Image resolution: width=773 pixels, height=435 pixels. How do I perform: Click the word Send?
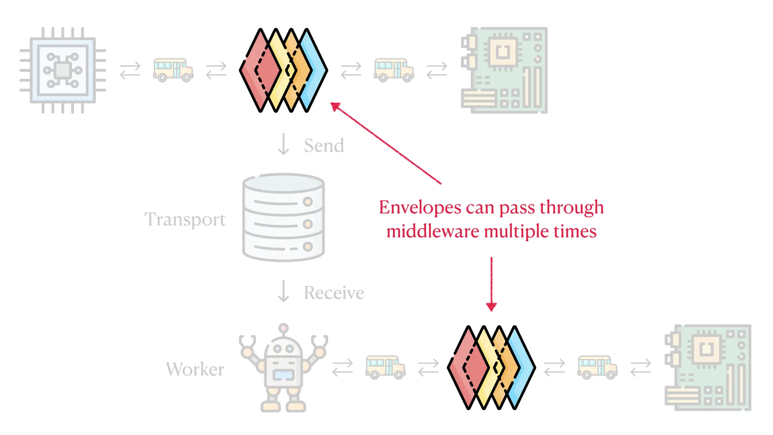pos(324,146)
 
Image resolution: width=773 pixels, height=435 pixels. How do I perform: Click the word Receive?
pos(334,293)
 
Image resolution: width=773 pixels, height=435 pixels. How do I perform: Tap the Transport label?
pos(185,219)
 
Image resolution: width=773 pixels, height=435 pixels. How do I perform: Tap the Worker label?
pos(195,369)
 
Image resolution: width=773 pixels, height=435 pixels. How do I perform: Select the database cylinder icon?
pos(283,217)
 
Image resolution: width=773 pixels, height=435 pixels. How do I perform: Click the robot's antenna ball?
pos(283,328)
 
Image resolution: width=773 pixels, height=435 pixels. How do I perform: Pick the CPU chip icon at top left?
pos(63,70)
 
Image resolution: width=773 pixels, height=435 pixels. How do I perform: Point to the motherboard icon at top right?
pos(504,70)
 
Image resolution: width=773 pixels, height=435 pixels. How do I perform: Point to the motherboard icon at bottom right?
pos(708,367)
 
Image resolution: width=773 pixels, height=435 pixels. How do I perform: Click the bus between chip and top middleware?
pos(173,70)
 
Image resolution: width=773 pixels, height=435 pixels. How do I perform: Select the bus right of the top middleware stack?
pos(394,70)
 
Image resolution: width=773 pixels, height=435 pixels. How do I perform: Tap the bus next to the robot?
pos(385,367)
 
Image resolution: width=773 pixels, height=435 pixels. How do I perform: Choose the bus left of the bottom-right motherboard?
pos(597,367)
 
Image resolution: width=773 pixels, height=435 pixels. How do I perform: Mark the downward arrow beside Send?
pos(283,144)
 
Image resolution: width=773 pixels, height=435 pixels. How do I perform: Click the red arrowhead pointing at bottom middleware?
pos(491,307)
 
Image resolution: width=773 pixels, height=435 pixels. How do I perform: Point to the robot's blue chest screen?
pos(283,375)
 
